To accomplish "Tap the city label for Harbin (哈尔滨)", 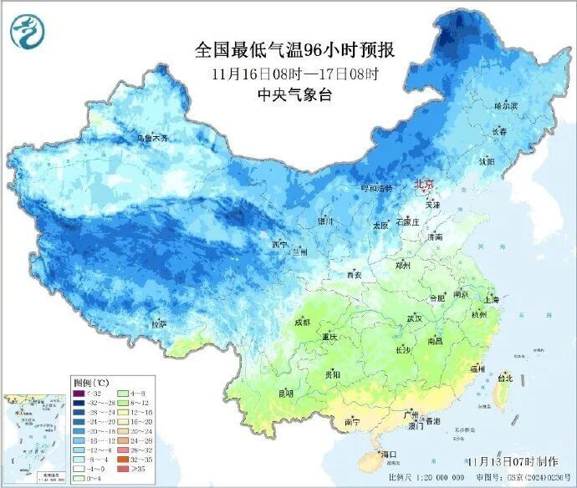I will coord(506,106).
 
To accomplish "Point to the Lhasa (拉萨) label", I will coord(159,323).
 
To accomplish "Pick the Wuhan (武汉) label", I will coord(414,318).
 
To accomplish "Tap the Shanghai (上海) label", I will coord(490,299).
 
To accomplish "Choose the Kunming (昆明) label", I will coord(286,392).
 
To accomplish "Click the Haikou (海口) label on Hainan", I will coord(386,454).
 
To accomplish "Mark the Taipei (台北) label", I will coord(504,377).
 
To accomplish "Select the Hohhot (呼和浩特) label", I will coord(375,189).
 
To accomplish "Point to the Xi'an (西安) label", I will coord(355,275).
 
